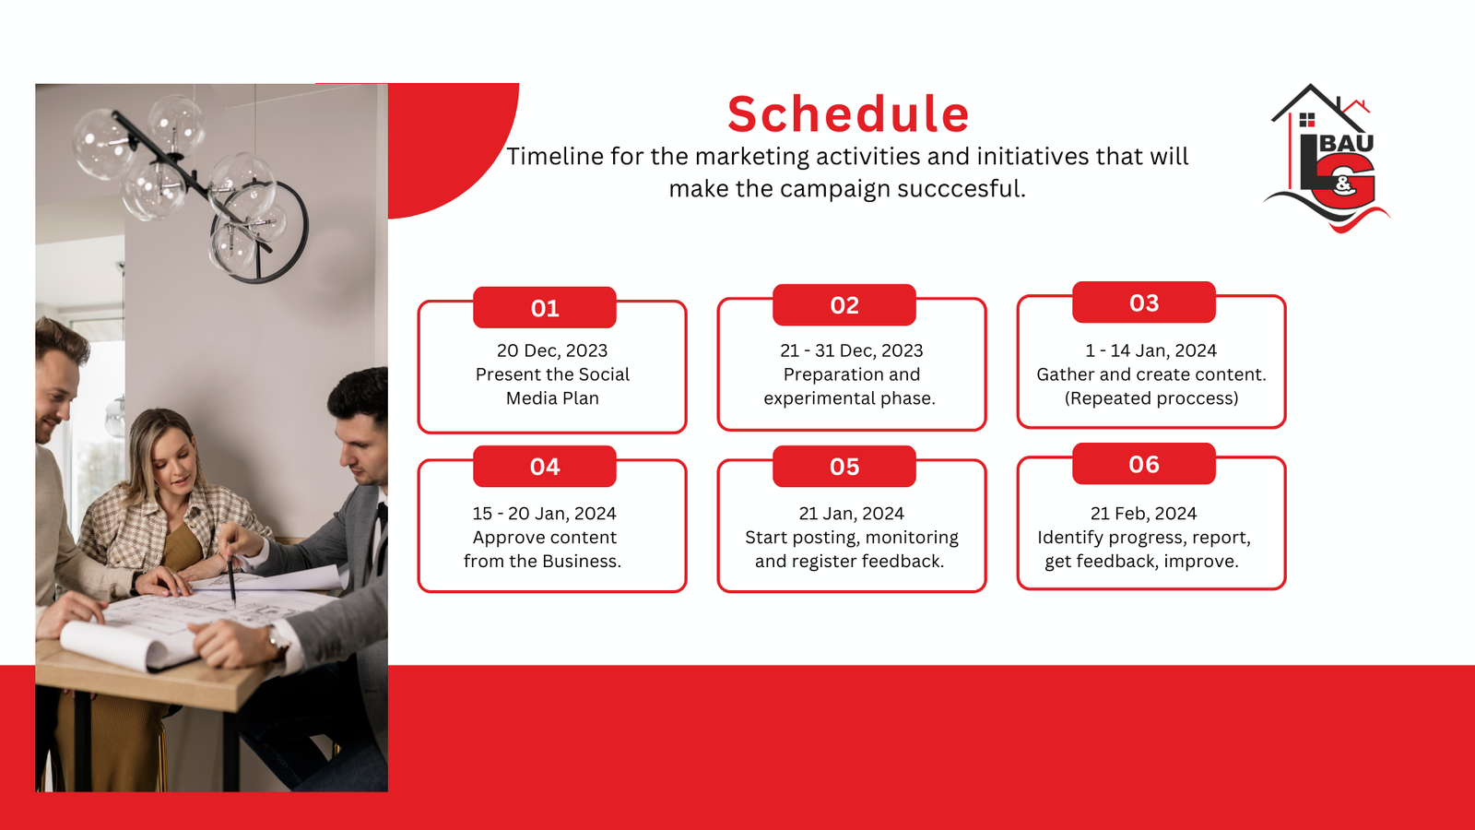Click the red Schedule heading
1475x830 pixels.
click(848, 114)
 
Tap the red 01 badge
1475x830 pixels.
click(545, 308)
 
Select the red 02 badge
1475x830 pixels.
click(844, 305)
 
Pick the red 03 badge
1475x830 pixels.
click(1144, 302)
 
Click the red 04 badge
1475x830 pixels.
click(545, 467)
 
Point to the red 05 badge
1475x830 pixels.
click(844, 467)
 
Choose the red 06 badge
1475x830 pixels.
click(1144, 464)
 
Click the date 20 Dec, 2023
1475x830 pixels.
click(552, 350)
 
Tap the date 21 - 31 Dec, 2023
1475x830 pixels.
click(852, 350)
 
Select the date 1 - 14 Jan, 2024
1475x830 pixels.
click(1151, 350)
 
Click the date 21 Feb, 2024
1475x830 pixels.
click(1144, 513)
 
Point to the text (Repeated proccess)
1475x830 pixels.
click(1151, 398)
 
